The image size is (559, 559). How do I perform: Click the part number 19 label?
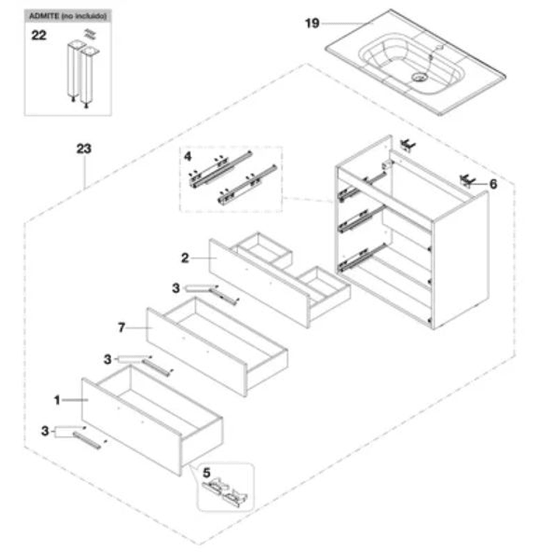[312, 23]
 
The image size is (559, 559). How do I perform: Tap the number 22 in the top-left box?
[39, 34]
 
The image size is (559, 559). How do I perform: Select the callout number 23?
[85, 148]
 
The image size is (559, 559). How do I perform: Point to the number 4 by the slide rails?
[187, 156]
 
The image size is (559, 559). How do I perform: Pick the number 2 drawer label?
[185, 257]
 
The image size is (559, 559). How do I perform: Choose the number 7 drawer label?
[121, 328]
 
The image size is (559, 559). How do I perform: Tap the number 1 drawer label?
[57, 400]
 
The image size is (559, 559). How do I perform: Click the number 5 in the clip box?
[206, 471]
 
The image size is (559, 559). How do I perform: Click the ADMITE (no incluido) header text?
[68, 16]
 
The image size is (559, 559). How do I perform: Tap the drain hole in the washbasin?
[421, 77]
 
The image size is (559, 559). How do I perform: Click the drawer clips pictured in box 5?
[226, 492]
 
